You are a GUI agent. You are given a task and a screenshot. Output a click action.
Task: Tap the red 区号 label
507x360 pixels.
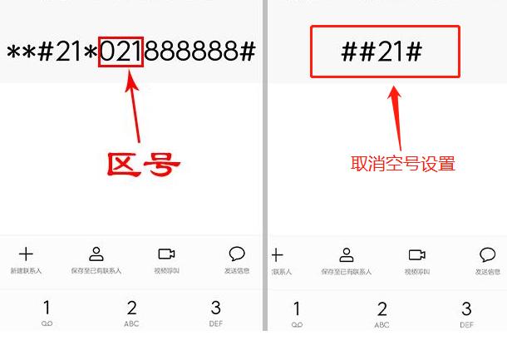click(x=143, y=164)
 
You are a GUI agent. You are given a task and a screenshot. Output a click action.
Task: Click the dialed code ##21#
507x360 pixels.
click(x=381, y=52)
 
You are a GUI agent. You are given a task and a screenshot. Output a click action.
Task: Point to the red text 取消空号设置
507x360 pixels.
click(x=403, y=164)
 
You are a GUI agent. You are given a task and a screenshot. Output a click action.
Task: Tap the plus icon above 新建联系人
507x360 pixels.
click(x=26, y=254)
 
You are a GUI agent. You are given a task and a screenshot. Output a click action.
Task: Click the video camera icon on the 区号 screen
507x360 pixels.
click(x=166, y=254)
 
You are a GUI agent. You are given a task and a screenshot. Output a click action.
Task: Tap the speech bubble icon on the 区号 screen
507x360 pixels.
click(x=237, y=254)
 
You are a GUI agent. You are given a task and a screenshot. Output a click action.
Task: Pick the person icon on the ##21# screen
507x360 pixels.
click(x=347, y=255)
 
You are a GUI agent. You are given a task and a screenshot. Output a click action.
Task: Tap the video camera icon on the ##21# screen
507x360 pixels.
click(x=416, y=255)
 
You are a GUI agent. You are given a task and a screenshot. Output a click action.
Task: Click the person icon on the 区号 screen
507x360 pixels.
click(x=96, y=254)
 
